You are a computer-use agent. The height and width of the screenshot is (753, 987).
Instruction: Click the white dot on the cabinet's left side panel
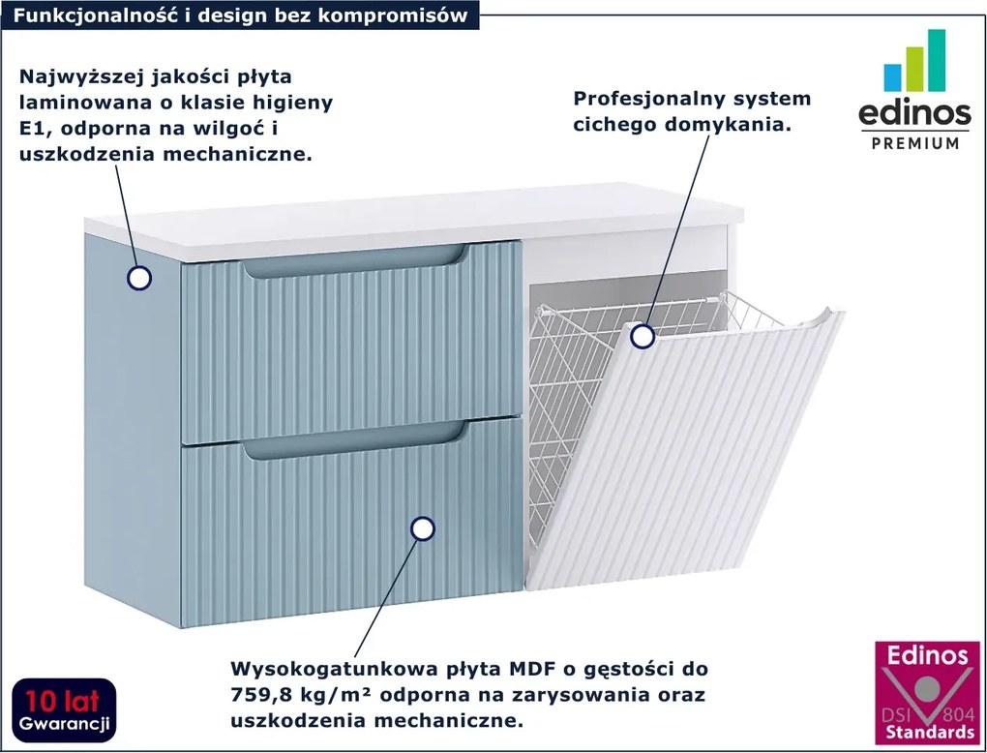pos(139,279)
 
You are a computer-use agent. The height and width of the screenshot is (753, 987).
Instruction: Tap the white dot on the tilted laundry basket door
pos(642,337)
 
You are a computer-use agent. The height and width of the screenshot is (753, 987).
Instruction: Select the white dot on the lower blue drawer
pos(422,528)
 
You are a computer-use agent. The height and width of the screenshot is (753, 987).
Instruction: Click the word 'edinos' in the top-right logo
pos(914,114)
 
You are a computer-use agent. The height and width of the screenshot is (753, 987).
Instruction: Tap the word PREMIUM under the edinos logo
pos(914,143)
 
